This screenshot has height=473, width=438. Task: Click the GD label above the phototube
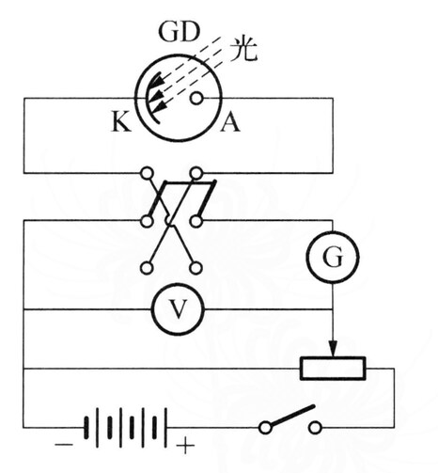point(179,31)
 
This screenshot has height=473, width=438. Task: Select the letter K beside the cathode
point(121,121)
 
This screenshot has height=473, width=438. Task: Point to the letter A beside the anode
point(230,121)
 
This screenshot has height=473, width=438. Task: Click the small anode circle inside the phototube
point(196,99)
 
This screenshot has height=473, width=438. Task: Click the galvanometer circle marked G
point(333,257)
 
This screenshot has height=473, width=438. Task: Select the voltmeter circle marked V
point(178,309)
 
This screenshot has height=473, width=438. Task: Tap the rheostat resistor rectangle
point(333,369)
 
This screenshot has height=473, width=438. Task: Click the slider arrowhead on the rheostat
point(333,349)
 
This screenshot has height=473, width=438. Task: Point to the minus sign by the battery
point(64,445)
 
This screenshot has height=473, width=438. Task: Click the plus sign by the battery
point(185,445)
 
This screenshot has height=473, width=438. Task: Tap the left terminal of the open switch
point(265,428)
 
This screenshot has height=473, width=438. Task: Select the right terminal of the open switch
point(315,428)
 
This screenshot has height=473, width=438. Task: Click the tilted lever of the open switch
point(292,416)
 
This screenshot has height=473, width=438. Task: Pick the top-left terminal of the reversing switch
point(147,173)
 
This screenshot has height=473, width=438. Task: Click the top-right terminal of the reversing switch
point(196,173)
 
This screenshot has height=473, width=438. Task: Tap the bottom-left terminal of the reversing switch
point(147,268)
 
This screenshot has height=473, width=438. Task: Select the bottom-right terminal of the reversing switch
point(196,268)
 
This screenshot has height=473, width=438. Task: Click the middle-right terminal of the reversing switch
point(196,221)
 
